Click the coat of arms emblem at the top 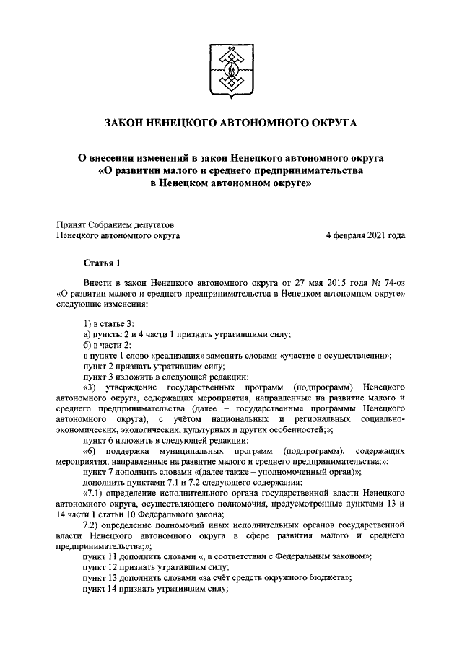pos(231,71)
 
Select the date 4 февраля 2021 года pos(365,235)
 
